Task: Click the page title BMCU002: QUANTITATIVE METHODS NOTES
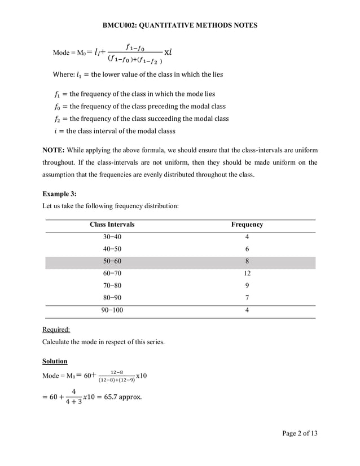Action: tap(180, 25)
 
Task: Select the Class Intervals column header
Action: tap(112, 225)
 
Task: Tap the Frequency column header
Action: tap(247, 225)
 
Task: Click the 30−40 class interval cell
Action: tap(112, 237)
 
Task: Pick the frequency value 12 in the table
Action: tap(247, 274)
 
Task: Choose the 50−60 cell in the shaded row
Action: tap(112, 261)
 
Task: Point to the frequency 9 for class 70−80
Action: tap(247, 285)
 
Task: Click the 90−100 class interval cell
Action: tap(112, 310)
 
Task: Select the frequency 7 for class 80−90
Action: tap(247, 298)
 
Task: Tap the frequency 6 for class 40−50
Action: tap(247, 249)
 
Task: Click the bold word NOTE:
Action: tap(54, 150)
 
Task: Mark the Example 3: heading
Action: tap(59, 194)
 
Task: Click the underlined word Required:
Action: tap(56, 329)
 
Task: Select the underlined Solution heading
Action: tap(55, 361)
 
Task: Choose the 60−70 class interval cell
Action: tap(112, 274)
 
